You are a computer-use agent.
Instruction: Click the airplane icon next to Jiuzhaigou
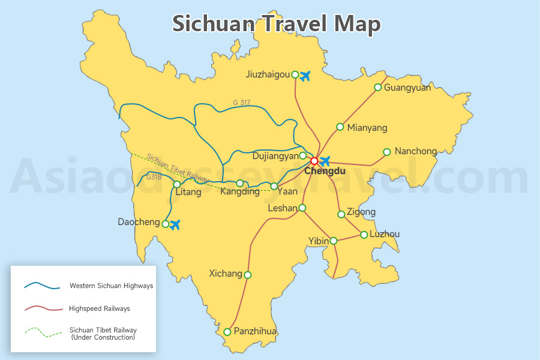305,76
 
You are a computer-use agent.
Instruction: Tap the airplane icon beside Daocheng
175,225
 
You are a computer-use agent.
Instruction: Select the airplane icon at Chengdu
325,161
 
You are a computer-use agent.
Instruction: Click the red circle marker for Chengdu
314,161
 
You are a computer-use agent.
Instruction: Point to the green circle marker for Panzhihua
227,332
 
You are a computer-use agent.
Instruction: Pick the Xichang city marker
248,275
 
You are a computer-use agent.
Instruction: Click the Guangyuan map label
407,88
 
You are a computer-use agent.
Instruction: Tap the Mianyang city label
367,128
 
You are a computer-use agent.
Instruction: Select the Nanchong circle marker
387,151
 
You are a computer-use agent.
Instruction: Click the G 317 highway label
242,103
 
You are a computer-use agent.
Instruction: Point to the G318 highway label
154,178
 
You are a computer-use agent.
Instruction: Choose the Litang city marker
176,184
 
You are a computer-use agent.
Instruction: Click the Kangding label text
240,192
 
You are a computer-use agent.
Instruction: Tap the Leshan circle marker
302,208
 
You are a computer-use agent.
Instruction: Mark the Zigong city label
361,212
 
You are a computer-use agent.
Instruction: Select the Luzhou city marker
364,235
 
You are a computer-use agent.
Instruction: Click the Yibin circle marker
334,241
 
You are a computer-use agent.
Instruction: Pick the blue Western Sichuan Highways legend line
42,286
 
